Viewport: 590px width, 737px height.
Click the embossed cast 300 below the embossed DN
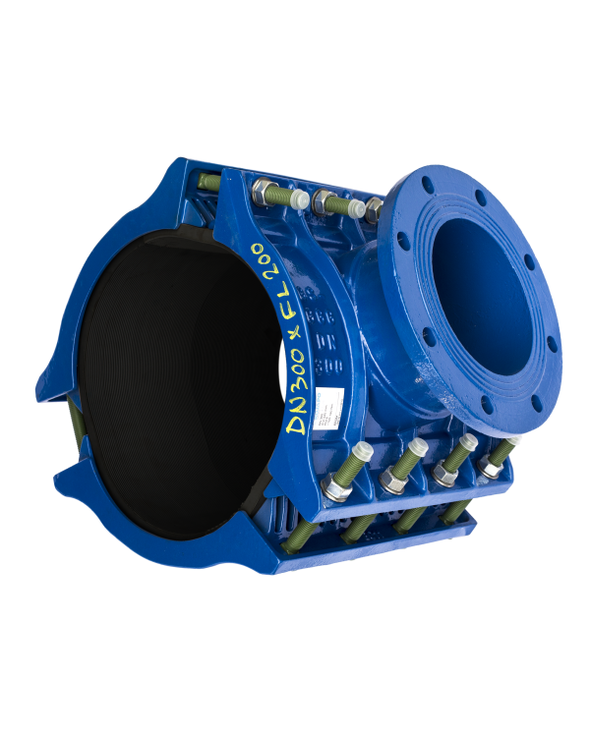pos(328,363)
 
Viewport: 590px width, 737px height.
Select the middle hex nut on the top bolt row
pos(323,202)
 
